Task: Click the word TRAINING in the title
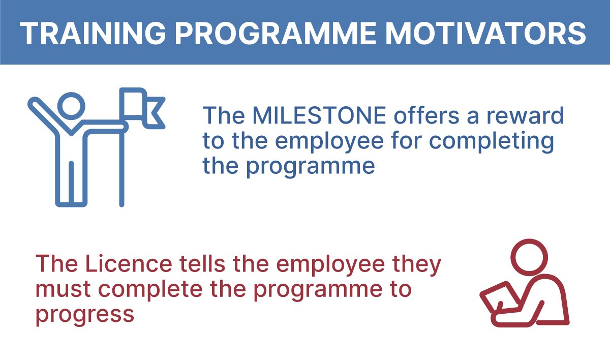[93, 34]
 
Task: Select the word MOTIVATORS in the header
[486, 34]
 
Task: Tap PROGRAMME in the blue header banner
[276, 34]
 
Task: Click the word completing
[492, 141]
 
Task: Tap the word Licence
[128, 263]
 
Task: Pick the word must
[63, 289]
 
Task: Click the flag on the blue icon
[142, 108]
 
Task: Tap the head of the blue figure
[71, 106]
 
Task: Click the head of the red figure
[530, 257]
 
